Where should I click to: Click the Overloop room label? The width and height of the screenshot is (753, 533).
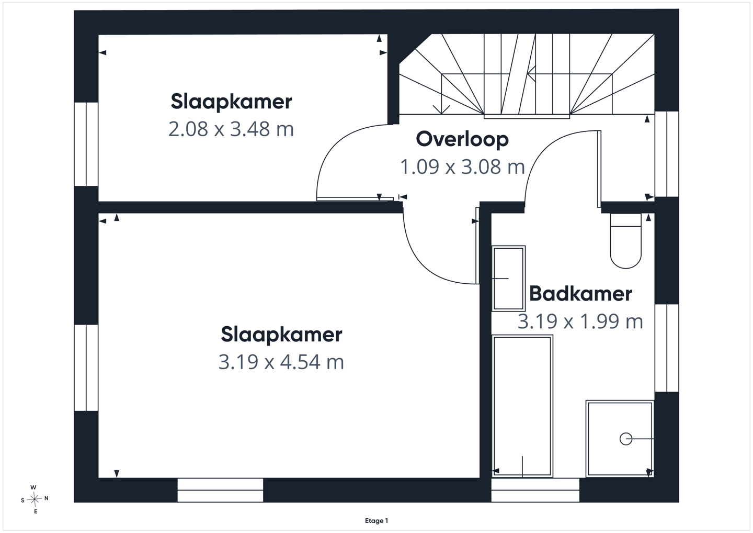pyautogui.click(x=462, y=139)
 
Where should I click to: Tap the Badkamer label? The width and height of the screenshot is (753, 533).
pyautogui.click(x=580, y=294)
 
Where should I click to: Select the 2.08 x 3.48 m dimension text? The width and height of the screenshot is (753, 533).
pyautogui.click(x=231, y=129)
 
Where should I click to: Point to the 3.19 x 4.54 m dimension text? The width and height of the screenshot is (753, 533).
pyautogui.click(x=281, y=362)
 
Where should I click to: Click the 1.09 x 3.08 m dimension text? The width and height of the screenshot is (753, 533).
pyautogui.click(x=462, y=167)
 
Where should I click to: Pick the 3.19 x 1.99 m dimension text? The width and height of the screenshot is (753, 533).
pyautogui.click(x=580, y=321)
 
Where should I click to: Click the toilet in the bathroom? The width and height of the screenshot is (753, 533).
pyautogui.click(x=625, y=241)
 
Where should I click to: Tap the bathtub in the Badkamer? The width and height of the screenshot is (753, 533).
pyautogui.click(x=522, y=406)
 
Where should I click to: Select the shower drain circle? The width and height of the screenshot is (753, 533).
pyautogui.click(x=625, y=439)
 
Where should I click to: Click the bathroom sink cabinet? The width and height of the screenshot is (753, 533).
pyautogui.click(x=508, y=278)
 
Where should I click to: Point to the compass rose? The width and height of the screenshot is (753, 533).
pyautogui.click(x=35, y=499)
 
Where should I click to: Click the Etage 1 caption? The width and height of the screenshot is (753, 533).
pyautogui.click(x=376, y=520)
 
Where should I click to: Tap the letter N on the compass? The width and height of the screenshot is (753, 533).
pyautogui.click(x=47, y=498)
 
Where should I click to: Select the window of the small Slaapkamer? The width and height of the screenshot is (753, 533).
pyautogui.click(x=86, y=144)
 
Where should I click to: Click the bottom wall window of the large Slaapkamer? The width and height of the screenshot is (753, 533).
pyautogui.click(x=220, y=490)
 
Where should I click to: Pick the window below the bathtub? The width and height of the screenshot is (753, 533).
pyautogui.click(x=535, y=490)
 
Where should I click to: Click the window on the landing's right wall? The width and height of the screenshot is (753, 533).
pyautogui.click(x=667, y=154)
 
